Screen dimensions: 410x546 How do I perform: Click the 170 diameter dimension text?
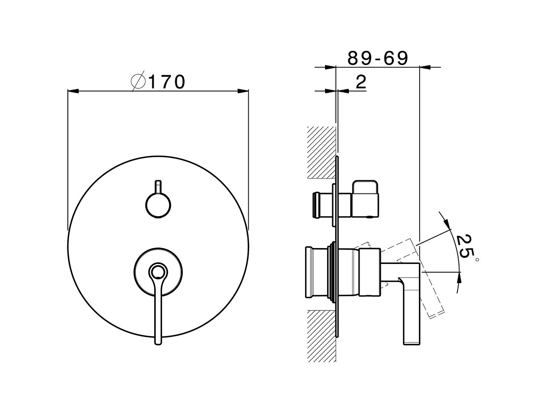coord(167,82)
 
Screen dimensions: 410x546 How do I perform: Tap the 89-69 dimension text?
coord(378,58)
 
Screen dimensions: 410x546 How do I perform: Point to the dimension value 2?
coord(361,82)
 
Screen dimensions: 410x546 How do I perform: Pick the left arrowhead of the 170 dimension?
coord(73,91)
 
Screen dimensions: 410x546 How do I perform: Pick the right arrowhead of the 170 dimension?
coord(244,91)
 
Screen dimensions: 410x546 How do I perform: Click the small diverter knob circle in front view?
coord(158,205)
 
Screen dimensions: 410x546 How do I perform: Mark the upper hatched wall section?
coord(321,152)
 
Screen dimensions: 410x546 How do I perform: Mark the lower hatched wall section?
coord(321,335)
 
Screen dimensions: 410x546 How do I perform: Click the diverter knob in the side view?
coord(365,199)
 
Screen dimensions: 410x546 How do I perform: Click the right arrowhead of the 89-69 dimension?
coord(425,67)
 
